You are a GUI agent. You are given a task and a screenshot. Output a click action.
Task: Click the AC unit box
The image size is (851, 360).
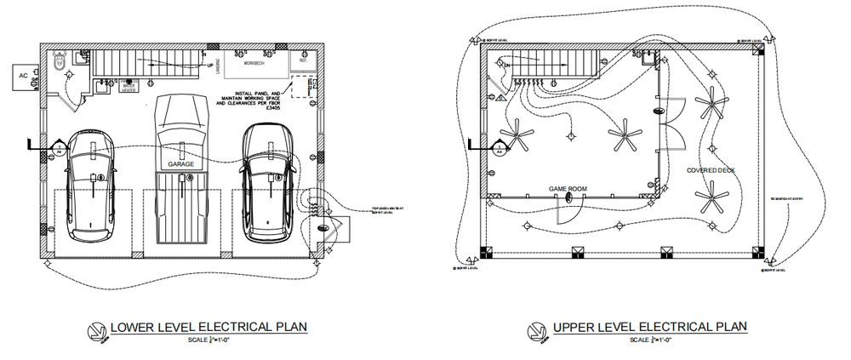tap(25, 75)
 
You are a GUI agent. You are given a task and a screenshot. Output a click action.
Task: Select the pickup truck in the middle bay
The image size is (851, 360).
tap(180, 170)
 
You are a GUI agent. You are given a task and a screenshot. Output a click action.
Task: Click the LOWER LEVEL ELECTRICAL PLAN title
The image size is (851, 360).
tap(208, 327)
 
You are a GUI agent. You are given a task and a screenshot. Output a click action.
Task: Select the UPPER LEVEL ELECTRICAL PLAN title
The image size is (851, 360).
tap(649, 327)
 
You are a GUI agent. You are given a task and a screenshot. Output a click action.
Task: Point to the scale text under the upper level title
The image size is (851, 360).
tap(650, 340)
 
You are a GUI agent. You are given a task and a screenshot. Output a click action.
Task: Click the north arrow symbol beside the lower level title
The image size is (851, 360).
tap(98, 332)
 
